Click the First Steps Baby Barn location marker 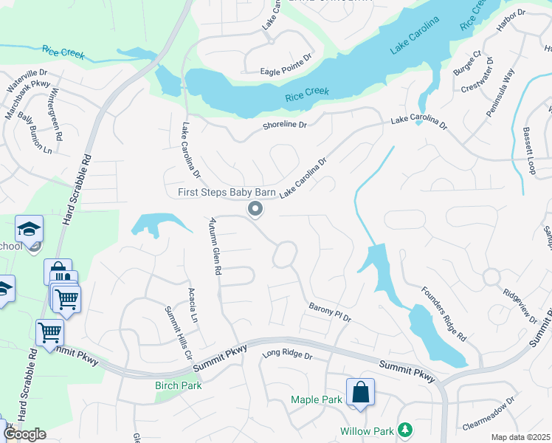(255, 210)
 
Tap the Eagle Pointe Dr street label (286, 72)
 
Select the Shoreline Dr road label (284, 126)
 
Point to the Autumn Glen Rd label (214, 246)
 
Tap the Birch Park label (178, 385)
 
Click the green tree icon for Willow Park (404, 430)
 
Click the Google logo (24, 434)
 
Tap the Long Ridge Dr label (288, 356)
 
